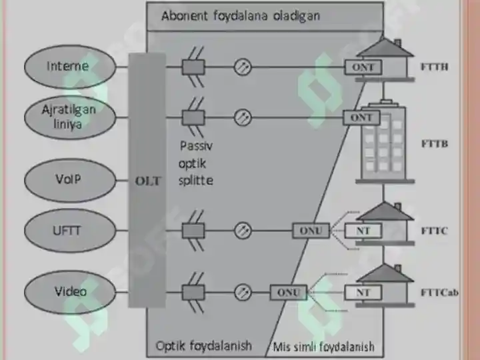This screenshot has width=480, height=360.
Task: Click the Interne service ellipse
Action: pos(70,67)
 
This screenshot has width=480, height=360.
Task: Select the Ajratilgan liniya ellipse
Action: pos(70,117)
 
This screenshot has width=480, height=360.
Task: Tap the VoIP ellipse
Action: pos(70,180)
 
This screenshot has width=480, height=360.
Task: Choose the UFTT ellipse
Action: pos(70,231)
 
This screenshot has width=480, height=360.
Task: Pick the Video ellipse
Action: pos(70,292)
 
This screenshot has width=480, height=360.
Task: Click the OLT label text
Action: pos(148,181)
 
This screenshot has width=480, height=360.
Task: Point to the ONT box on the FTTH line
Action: pos(363,67)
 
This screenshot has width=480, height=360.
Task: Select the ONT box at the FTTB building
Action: pos(361,117)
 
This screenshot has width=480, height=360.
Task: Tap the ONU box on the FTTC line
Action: pos(311,231)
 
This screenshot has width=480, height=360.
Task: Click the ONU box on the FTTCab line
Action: pos(289,293)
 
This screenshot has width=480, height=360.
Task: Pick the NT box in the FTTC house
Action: pos(363,231)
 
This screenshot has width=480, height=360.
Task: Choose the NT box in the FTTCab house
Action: pos(363,293)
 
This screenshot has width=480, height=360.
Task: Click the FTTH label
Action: pos(435,67)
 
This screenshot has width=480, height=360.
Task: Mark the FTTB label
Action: pos(435,143)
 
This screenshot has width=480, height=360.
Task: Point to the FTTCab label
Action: pos(439,293)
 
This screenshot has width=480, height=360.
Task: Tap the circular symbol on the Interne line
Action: pos(243,67)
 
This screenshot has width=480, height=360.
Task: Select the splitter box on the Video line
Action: pos(193,292)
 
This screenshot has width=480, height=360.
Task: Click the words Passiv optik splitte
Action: pos(196,163)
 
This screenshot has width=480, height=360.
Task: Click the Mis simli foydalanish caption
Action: pos(323,347)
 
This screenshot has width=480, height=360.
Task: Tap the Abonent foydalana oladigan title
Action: pos(241,15)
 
